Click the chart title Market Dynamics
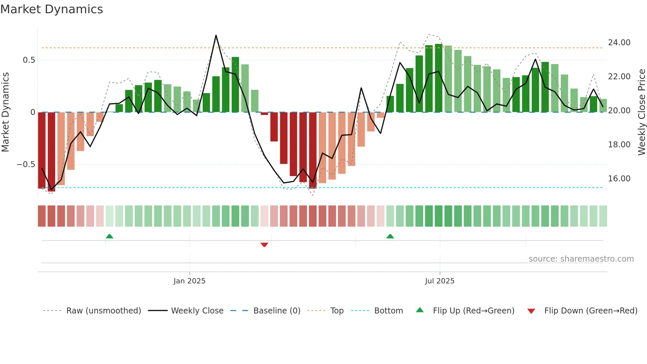coord(51,9)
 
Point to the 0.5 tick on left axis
coord(29,60)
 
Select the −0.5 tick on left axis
coord(26,164)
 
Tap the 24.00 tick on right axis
coord(619,43)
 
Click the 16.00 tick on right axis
coord(619,179)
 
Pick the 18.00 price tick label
coord(619,145)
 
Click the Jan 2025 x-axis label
coord(189,281)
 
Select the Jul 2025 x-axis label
coord(440,281)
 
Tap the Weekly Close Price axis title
coord(641,112)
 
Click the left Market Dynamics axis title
coord(5,112)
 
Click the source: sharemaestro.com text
coord(581,259)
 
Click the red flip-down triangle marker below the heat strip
coord(264,245)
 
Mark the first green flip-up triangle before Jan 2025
coord(109,236)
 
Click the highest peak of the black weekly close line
coord(216,35)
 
